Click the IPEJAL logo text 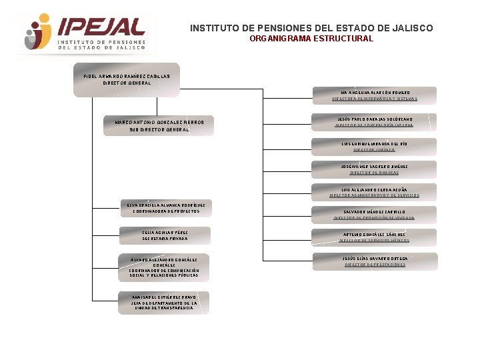click(101, 26)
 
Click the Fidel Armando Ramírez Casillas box click(127, 79)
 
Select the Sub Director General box click(159, 126)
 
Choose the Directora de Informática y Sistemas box click(375, 95)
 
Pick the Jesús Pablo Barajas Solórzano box click(375, 121)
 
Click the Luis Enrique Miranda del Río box click(375, 147)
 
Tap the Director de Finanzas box click(375, 169)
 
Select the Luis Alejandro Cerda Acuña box click(375, 192)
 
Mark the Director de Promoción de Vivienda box click(375, 215)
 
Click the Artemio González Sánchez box click(375, 237)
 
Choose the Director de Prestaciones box click(375, 261)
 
